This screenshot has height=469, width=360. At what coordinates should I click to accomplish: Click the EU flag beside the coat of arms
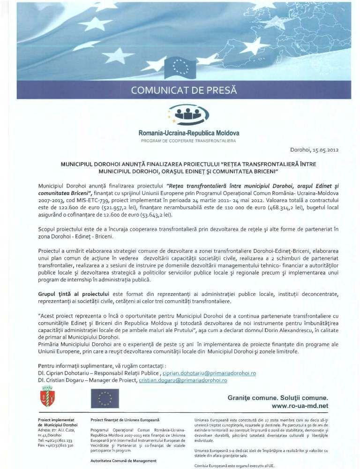(105, 398)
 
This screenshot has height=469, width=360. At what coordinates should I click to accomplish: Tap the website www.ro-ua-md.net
(300, 406)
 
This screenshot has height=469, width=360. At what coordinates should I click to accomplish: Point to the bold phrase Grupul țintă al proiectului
(68, 294)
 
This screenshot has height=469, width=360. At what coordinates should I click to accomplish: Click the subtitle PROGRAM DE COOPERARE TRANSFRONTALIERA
(188, 140)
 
